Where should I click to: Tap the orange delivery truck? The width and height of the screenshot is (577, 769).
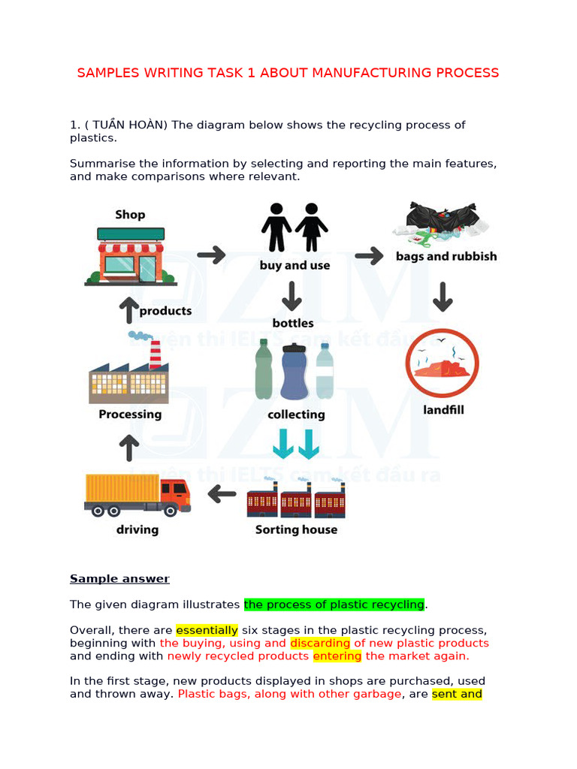(137, 495)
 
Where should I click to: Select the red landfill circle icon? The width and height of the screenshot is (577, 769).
(442, 364)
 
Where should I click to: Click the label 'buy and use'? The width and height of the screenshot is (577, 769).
(295, 265)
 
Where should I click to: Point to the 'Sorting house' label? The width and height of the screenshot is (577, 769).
(296, 529)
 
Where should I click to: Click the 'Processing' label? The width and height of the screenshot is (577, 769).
(130, 415)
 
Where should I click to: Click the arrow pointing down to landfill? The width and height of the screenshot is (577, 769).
(443, 297)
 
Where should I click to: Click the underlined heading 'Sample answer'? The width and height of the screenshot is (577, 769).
(119, 579)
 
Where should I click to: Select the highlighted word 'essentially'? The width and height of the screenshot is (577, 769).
(207, 630)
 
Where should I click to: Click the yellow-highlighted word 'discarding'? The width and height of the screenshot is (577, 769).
(320, 643)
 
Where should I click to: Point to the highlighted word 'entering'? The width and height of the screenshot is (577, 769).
(337, 656)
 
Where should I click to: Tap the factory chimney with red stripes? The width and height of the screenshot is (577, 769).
(156, 354)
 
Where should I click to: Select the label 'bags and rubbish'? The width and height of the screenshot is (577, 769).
(446, 256)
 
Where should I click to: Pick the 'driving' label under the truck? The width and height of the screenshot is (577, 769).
(137, 529)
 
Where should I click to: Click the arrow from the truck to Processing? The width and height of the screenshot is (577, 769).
(129, 448)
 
